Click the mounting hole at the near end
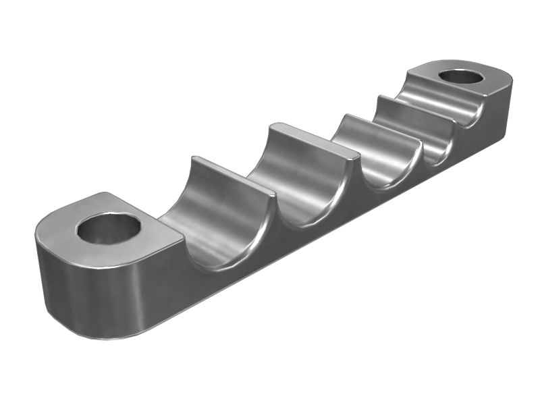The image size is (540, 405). [108, 229]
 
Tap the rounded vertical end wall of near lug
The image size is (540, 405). [74, 297]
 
